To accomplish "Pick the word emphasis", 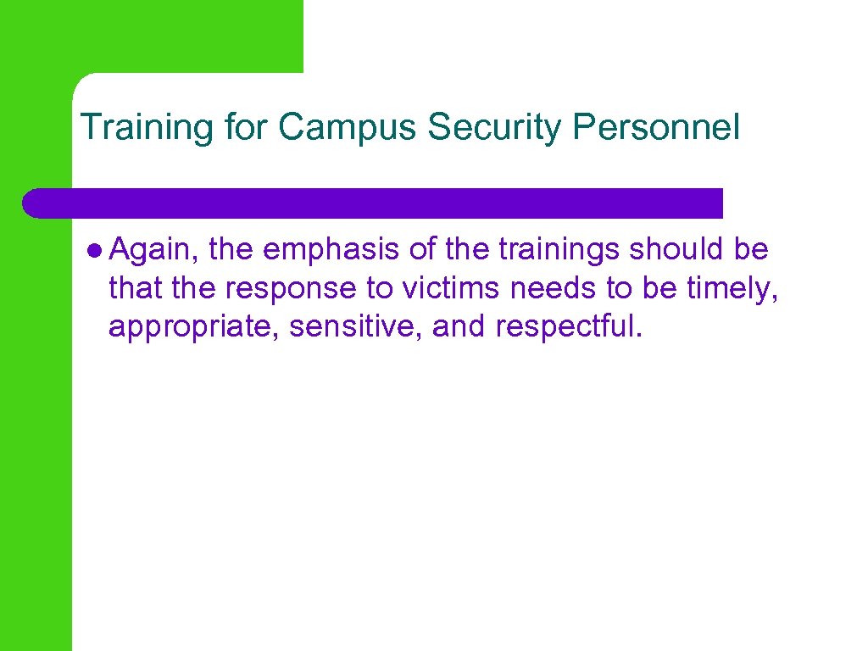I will tap(330, 250).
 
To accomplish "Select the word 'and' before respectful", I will tap(458, 326).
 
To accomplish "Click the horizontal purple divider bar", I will tap(373, 203).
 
